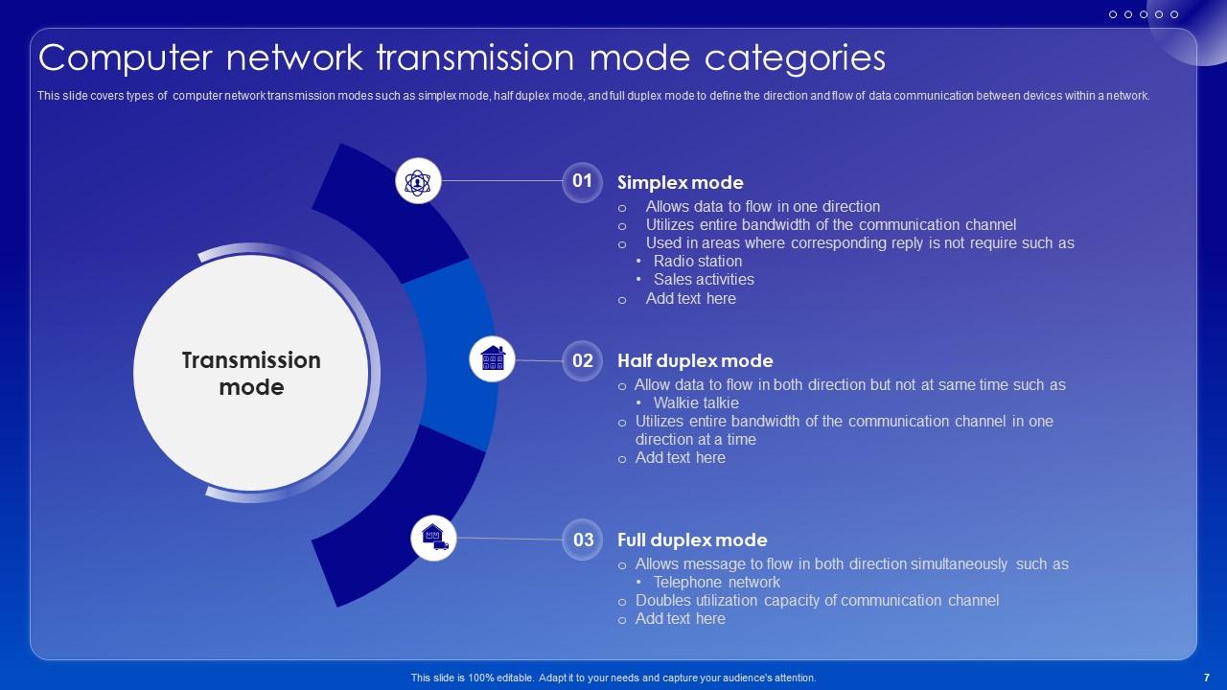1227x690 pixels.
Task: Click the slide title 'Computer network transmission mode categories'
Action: (x=461, y=58)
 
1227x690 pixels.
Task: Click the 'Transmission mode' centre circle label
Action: (x=251, y=374)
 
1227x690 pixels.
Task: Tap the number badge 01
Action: (x=582, y=181)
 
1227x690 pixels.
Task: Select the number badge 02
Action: (x=582, y=361)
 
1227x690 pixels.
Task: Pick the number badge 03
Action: (x=583, y=540)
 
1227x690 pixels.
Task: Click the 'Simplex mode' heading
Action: (x=680, y=183)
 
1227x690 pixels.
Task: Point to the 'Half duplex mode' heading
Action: (x=695, y=361)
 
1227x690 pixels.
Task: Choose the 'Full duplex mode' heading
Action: (x=692, y=540)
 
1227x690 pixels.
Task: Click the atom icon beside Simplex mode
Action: (x=418, y=181)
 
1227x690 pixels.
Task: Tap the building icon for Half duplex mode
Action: (x=492, y=358)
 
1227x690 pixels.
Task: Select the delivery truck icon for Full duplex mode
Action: (x=434, y=538)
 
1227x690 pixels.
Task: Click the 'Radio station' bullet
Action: (x=697, y=262)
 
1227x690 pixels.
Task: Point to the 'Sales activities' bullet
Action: (x=704, y=280)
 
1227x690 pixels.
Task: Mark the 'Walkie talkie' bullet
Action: (x=696, y=403)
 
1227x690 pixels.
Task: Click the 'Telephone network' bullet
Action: (x=716, y=583)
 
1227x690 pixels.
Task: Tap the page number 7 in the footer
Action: (x=1206, y=678)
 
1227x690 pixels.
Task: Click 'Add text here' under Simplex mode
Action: (x=690, y=299)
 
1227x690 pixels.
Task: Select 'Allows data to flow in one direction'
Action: (x=762, y=207)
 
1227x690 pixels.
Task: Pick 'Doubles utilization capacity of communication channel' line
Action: (x=817, y=601)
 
